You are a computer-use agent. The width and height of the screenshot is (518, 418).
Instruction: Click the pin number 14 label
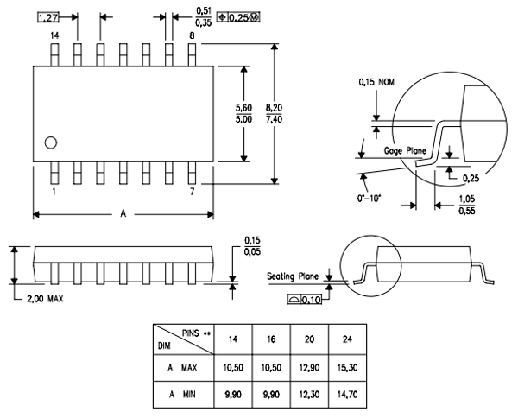[x=54, y=35]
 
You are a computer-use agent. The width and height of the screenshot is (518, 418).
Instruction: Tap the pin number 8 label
[x=193, y=35]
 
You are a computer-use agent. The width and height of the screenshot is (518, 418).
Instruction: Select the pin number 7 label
[x=192, y=192]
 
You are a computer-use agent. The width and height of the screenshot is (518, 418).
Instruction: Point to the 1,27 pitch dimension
[x=48, y=16]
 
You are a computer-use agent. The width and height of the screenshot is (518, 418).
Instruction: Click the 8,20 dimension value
[x=275, y=107]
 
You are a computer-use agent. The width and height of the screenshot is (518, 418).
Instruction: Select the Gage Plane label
[x=404, y=151]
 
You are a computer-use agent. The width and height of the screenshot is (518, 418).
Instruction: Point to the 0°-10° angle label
[x=377, y=196]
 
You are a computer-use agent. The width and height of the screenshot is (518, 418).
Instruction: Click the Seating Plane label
[x=293, y=276]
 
